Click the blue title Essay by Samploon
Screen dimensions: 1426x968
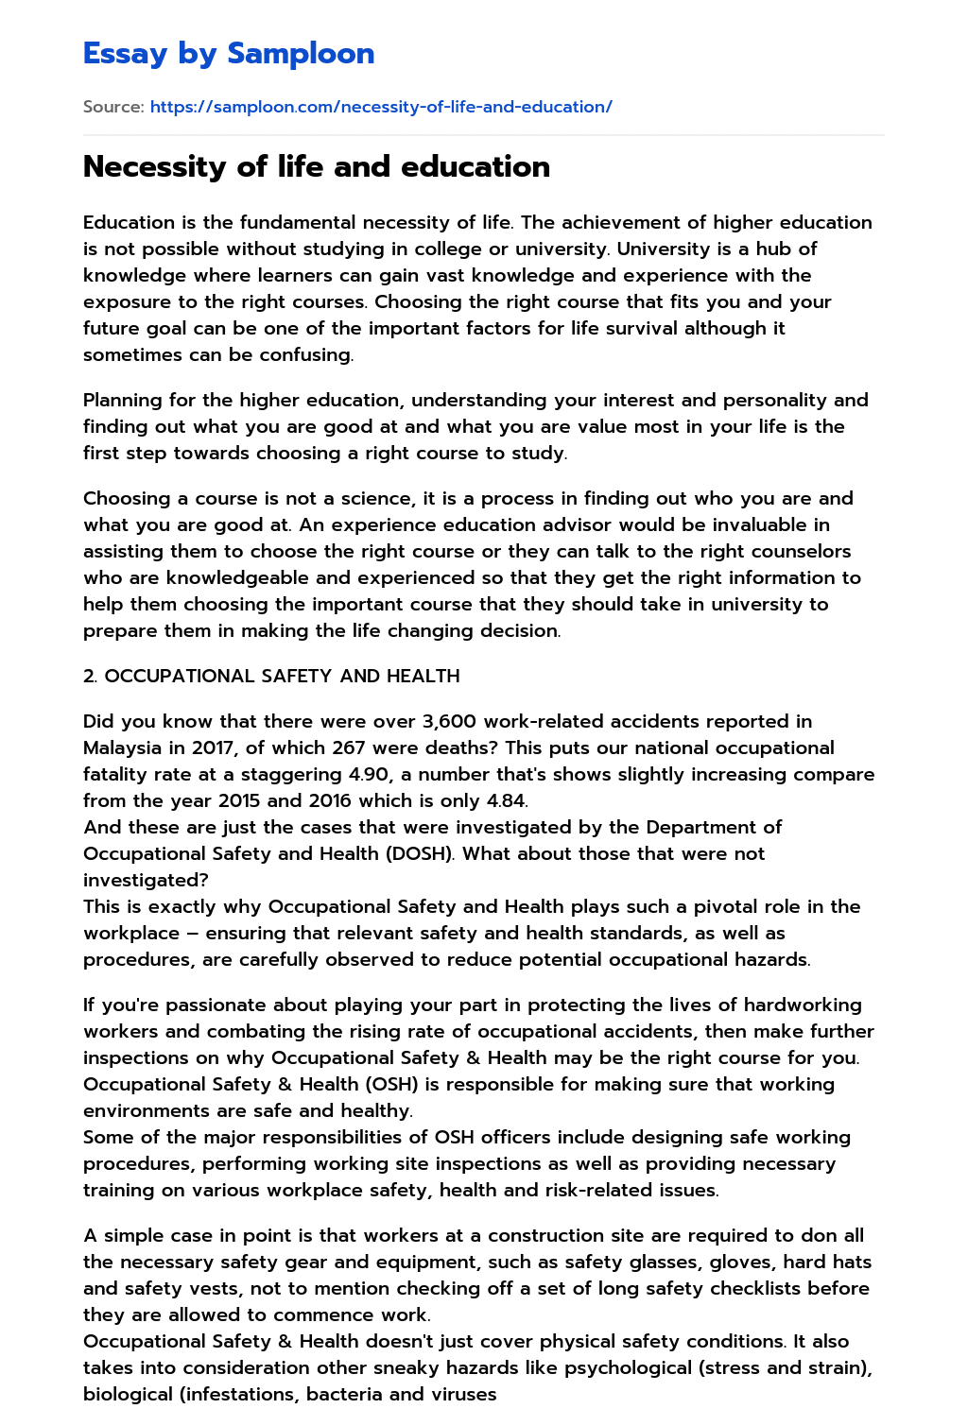229,54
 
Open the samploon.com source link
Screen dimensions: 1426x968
381,107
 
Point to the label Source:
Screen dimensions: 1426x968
113,107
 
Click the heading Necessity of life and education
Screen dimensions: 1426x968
317,166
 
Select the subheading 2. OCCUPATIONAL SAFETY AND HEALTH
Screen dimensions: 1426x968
271,676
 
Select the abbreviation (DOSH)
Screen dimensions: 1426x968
422,853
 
